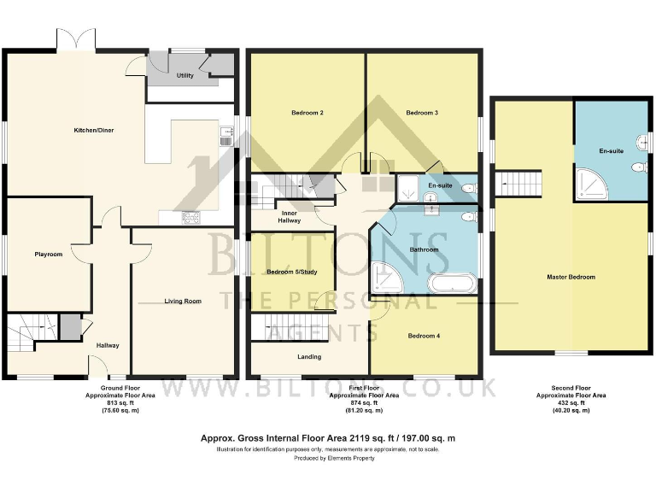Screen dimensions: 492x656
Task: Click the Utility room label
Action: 184,75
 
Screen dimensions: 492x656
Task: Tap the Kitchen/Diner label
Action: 94,131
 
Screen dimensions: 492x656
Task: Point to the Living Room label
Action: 184,301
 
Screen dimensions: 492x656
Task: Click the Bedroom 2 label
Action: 307,113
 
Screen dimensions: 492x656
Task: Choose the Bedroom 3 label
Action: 422,113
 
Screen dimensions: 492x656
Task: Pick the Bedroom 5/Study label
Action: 291,272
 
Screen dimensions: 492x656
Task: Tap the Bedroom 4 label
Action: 425,336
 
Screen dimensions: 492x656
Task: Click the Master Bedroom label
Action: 571,277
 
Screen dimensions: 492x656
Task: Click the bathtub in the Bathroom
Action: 454,284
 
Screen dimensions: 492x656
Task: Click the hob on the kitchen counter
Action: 190,217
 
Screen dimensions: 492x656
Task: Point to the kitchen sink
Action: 225,133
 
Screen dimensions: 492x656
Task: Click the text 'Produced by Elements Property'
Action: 327,457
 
